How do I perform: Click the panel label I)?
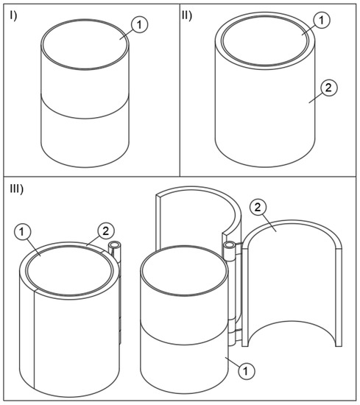[x=13, y=16]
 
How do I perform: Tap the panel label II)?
[x=187, y=15]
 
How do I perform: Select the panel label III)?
[x=16, y=189]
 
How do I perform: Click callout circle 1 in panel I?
[x=139, y=25]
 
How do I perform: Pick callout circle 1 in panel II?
[x=322, y=20]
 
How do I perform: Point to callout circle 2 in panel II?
[x=328, y=88]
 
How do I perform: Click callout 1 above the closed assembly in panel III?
[x=21, y=232]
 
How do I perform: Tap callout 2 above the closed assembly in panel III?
[x=106, y=231]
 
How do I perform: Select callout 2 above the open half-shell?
[x=258, y=208]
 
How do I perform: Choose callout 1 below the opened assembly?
[x=246, y=371]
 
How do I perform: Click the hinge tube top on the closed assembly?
[x=114, y=244]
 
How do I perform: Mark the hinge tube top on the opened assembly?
[x=230, y=244]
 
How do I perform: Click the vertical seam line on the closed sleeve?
[x=35, y=339]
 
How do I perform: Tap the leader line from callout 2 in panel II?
[x=315, y=99]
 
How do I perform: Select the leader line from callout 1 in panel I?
[x=127, y=35]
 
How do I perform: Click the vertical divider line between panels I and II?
[x=180, y=90]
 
